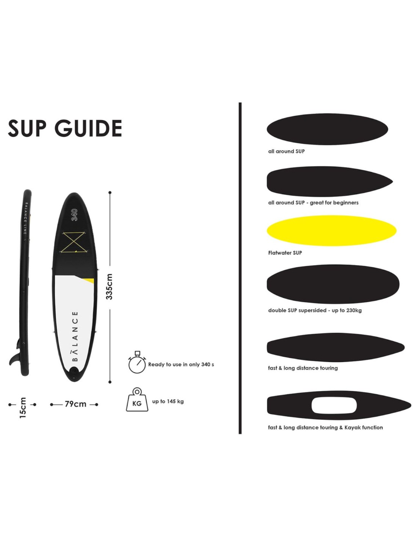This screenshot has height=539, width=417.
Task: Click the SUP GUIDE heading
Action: pos(65,128)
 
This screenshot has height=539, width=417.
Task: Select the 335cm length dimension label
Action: pos(109,287)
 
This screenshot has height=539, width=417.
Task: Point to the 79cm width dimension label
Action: pos(75,404)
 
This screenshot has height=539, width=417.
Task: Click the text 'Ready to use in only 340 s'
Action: pos(181,365)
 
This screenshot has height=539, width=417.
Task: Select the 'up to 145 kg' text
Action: pos(168,401)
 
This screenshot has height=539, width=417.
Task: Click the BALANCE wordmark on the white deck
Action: pos(76,336)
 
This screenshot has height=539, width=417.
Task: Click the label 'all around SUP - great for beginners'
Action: pos(313,203)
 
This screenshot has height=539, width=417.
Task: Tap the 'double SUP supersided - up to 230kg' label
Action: pos(315,310)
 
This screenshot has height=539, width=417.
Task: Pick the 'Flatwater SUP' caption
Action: pos(285,253)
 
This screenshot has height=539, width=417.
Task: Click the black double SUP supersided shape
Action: pos(333,284)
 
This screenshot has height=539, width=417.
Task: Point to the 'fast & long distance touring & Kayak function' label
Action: pos(325,428)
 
